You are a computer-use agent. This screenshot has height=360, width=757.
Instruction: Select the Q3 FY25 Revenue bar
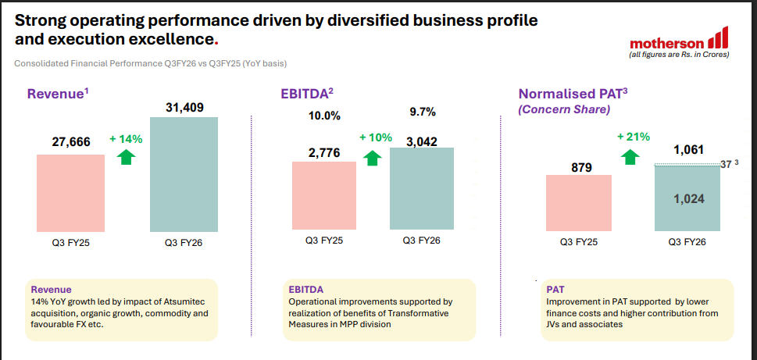coord(70,193)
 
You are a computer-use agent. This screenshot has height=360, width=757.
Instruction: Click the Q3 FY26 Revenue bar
coord(184,174)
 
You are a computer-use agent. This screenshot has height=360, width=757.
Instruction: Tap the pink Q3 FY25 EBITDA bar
coord(324,196)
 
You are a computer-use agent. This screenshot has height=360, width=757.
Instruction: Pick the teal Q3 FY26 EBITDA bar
coord(421,189)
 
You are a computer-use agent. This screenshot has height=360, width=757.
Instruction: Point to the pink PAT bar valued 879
coord(578,203)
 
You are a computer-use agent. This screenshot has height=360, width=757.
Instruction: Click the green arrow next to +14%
coord(125,157)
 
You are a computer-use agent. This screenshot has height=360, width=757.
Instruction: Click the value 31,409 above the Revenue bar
coord(184,108)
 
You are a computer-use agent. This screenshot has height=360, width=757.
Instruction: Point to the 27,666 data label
coord(71,141)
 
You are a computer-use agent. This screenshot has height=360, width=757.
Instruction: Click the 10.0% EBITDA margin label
coord(324,116)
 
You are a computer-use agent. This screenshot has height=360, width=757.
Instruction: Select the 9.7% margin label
coord(422,112)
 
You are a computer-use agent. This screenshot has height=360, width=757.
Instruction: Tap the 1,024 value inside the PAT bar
coord(688,199)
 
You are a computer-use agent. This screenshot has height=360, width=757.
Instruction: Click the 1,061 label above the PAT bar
coord(688,149)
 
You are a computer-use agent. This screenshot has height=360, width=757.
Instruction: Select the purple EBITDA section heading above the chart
coord(306,94)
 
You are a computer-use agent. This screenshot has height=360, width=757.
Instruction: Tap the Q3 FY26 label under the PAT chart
coord(687,242)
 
